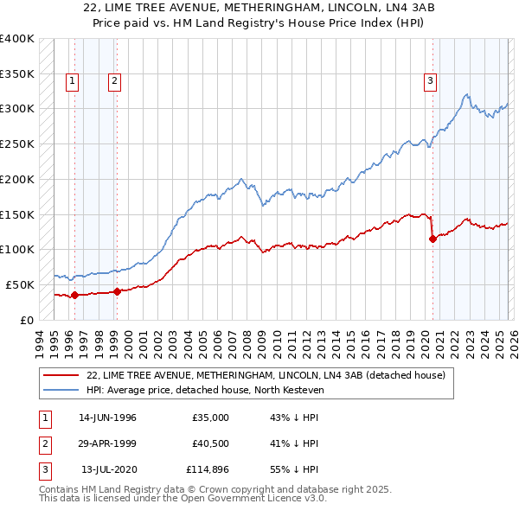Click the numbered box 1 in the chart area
click(x=71, y=82)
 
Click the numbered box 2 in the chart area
click(x=114, y=82)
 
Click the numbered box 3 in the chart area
click(x=430, y=82)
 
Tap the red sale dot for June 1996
click(x=74, y=295)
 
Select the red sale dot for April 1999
click(x=117, y=291)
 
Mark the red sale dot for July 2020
click(x=432, y=239)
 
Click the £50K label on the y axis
click(x=20, y=284)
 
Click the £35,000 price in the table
click(x=210, y=418)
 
